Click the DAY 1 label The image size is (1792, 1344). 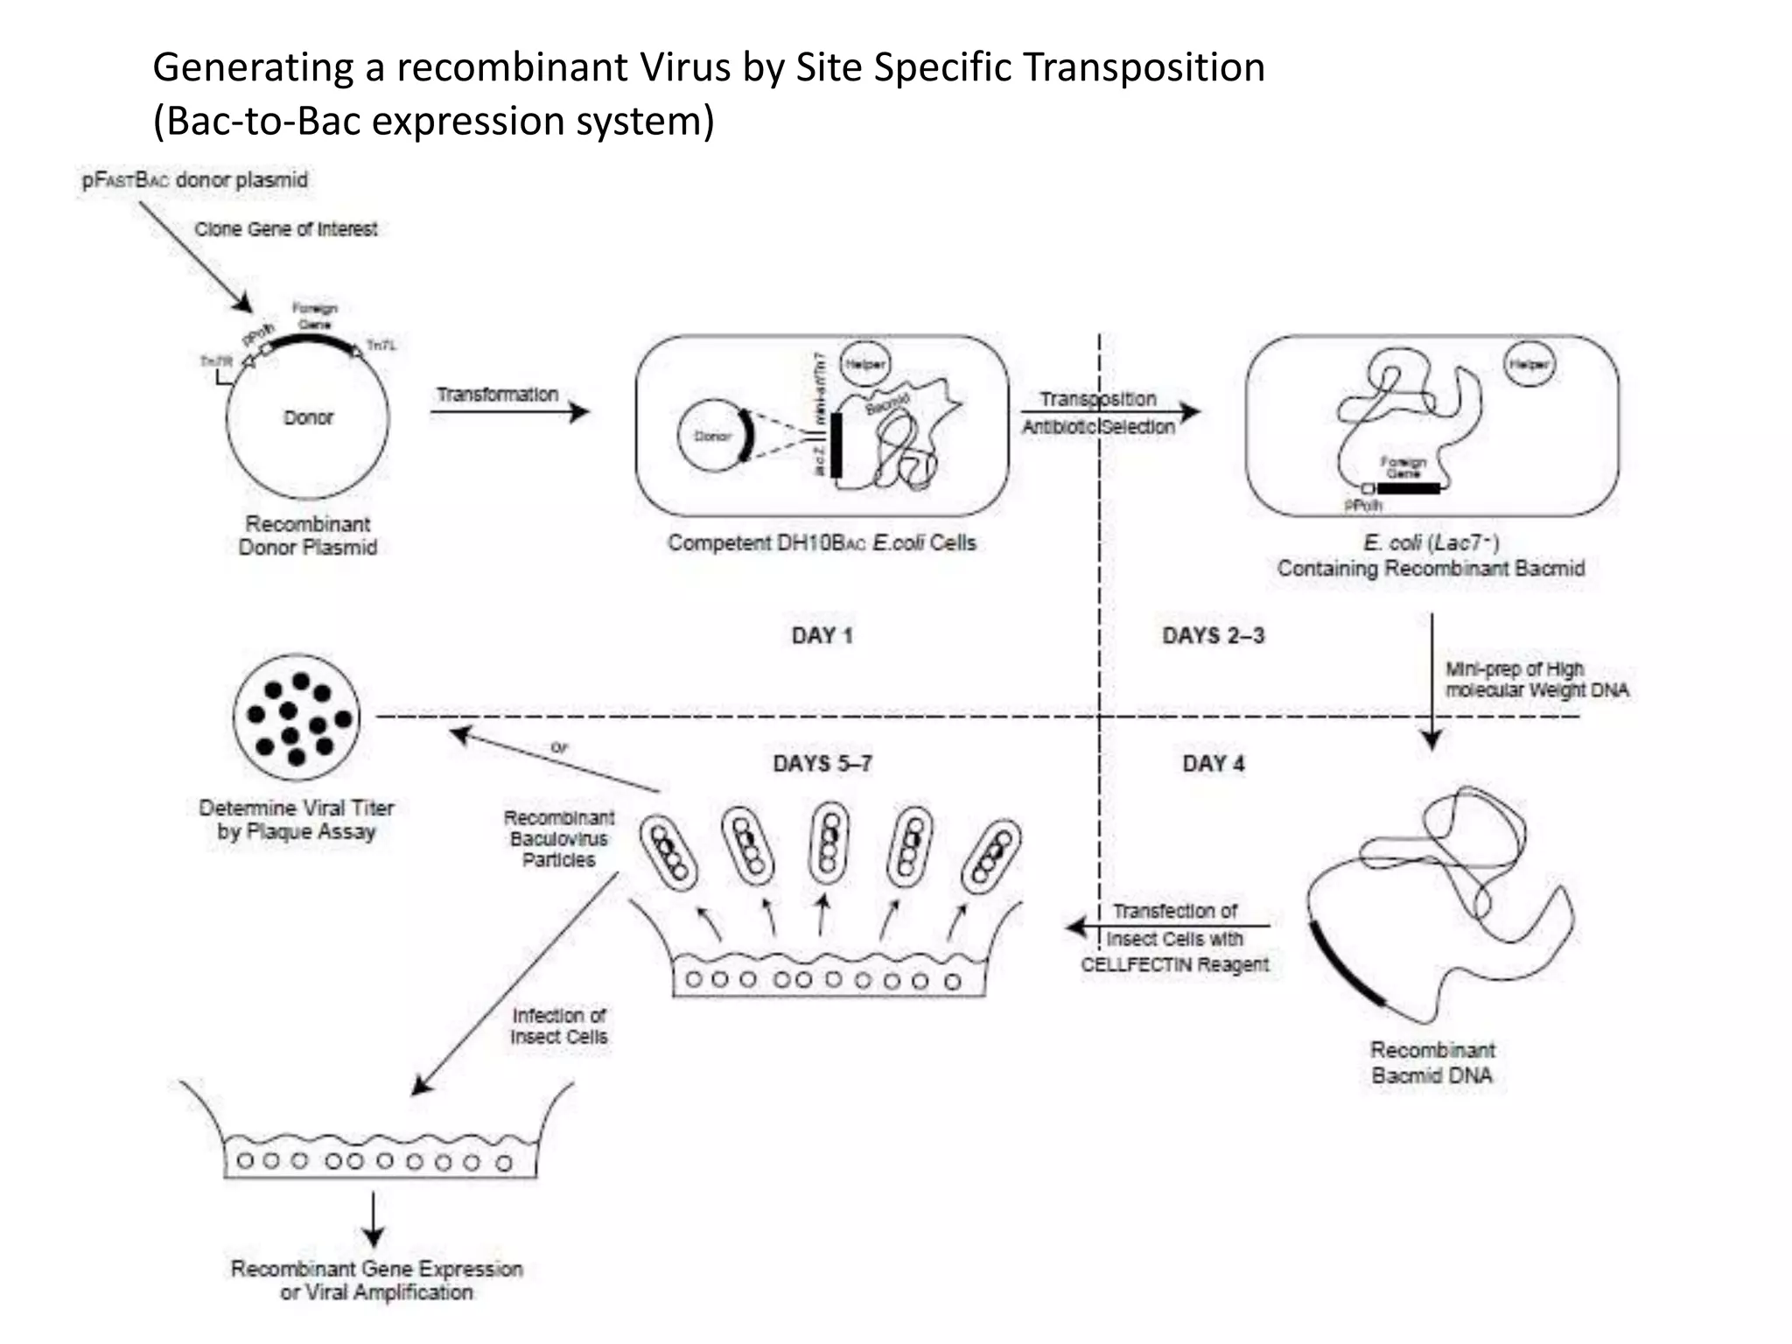coord(822,636)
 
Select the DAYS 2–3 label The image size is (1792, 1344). coord(1213,636)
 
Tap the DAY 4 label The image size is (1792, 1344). coord(1213,764)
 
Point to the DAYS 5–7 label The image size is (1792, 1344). coord(822,764)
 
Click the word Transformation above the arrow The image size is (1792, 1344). coord(497,395)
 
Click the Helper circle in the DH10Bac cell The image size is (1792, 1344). coord(864,364)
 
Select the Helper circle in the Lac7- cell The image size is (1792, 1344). coord(1529,364)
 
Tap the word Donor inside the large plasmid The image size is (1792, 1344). coord(308,418)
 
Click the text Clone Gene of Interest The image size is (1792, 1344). coord(285,229)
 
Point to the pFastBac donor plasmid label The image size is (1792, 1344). coord(195,180)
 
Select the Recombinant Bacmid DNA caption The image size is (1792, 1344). coord(1431,1062)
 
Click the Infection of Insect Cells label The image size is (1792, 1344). coord(559,1025)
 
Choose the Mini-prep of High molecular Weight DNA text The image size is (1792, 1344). coord(1536,680)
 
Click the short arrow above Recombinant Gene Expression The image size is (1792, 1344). coord(374,1219)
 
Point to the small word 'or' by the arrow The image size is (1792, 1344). coord(559,747)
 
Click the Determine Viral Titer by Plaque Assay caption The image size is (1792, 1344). coord(297,819)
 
